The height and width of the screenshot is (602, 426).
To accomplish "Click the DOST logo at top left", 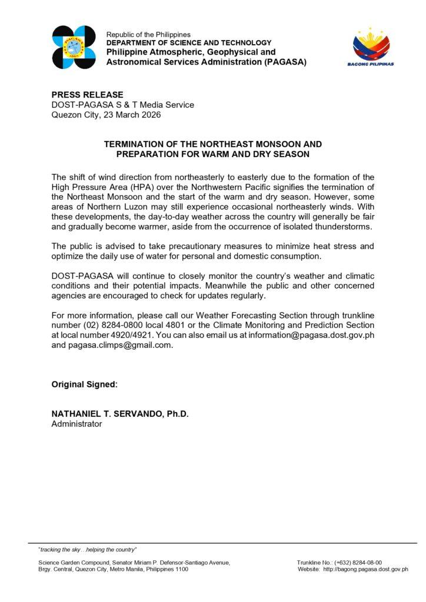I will coord(74,48).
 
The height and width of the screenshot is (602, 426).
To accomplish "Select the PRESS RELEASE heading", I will coord(88,95).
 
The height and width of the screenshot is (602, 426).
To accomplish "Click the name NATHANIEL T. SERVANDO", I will coord(109,414).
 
